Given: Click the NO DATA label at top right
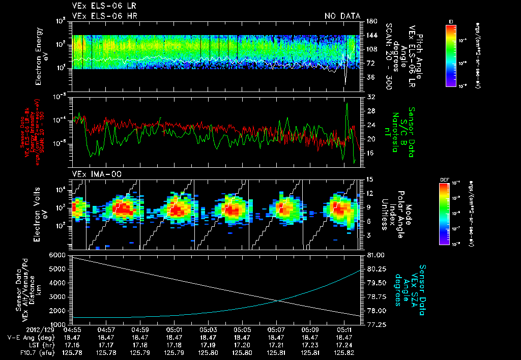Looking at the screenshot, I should click(x=342, y=16).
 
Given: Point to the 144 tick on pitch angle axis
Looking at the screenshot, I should click(x=371, y=35).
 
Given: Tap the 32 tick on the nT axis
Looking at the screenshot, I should click(x=370, y=96).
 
